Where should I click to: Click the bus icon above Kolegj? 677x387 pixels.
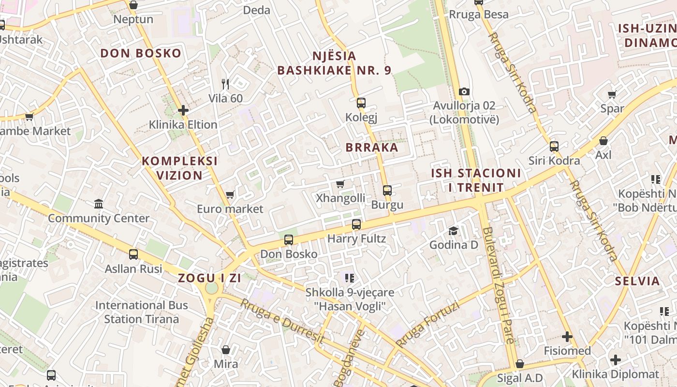point(361,103)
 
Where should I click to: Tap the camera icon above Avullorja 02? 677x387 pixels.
point(464,91)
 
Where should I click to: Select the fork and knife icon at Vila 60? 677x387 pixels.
point(225,84)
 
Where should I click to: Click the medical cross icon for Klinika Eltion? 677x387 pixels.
point(183,110)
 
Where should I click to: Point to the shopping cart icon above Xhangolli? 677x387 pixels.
point(340,184)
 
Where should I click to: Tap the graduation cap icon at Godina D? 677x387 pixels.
point(453,230)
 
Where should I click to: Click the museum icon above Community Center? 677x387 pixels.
point(99,204)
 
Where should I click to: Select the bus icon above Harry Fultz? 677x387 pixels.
point(356,224)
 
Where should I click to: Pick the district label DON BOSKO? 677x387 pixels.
point(141,53)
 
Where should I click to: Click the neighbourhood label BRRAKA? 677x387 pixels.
point(372,148)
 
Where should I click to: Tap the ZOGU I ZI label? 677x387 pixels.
point(209,278)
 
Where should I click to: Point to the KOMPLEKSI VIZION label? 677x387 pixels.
point(179,168)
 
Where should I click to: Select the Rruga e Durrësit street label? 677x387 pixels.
point(281,322)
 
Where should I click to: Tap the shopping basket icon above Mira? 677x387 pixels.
point(226,349)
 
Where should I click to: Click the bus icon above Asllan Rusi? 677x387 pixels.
point(133,254)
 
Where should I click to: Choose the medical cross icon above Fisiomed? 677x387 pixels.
point(567,336)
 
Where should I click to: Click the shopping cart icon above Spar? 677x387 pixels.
point(612,94)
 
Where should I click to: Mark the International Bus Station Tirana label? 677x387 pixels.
point(141,312)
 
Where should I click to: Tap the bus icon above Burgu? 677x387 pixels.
point(387,190)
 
